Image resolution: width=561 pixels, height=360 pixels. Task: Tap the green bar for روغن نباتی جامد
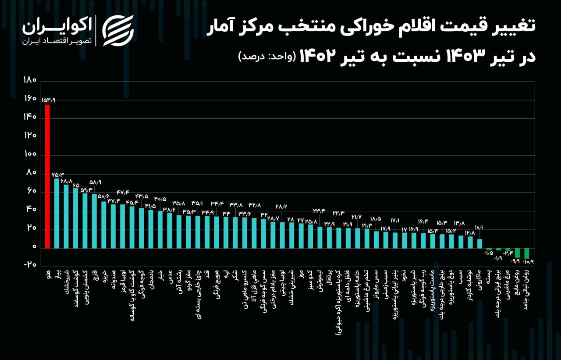coord(527,253)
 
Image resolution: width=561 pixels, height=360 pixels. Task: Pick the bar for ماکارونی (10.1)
coord(480,243)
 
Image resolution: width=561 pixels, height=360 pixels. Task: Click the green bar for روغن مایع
coord(517,253)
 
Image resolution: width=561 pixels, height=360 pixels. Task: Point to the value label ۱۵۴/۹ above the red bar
coord(48,100)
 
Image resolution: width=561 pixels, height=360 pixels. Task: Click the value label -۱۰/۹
coord(529,262)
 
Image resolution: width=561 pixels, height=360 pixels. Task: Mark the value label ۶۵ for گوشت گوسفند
coord(76,185)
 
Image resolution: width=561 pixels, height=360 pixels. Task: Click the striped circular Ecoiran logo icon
coord(117,30)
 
